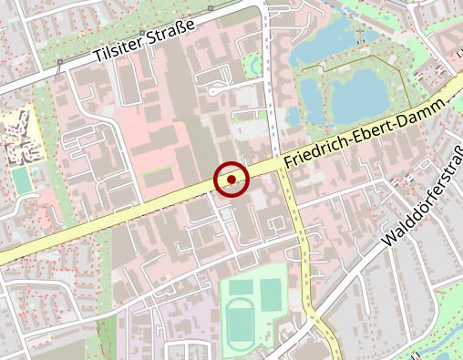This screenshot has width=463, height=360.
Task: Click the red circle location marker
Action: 231,180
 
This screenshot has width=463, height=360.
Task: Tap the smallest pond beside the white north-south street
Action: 292,117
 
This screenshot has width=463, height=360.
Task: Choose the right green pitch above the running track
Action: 271,292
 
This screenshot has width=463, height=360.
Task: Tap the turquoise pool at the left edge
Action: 21,180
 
